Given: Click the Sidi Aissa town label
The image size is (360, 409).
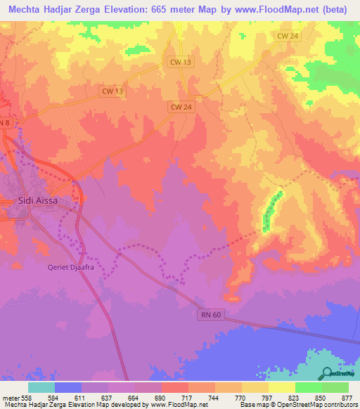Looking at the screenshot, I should tap(37, 200).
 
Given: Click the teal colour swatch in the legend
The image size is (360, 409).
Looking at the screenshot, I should tap(41, 387).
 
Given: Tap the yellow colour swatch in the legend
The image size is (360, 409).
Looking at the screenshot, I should tap(281, 387).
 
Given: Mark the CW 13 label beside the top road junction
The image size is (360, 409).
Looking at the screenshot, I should tap(181, 62).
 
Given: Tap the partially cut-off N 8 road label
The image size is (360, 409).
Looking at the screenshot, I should tap(5, 123).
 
